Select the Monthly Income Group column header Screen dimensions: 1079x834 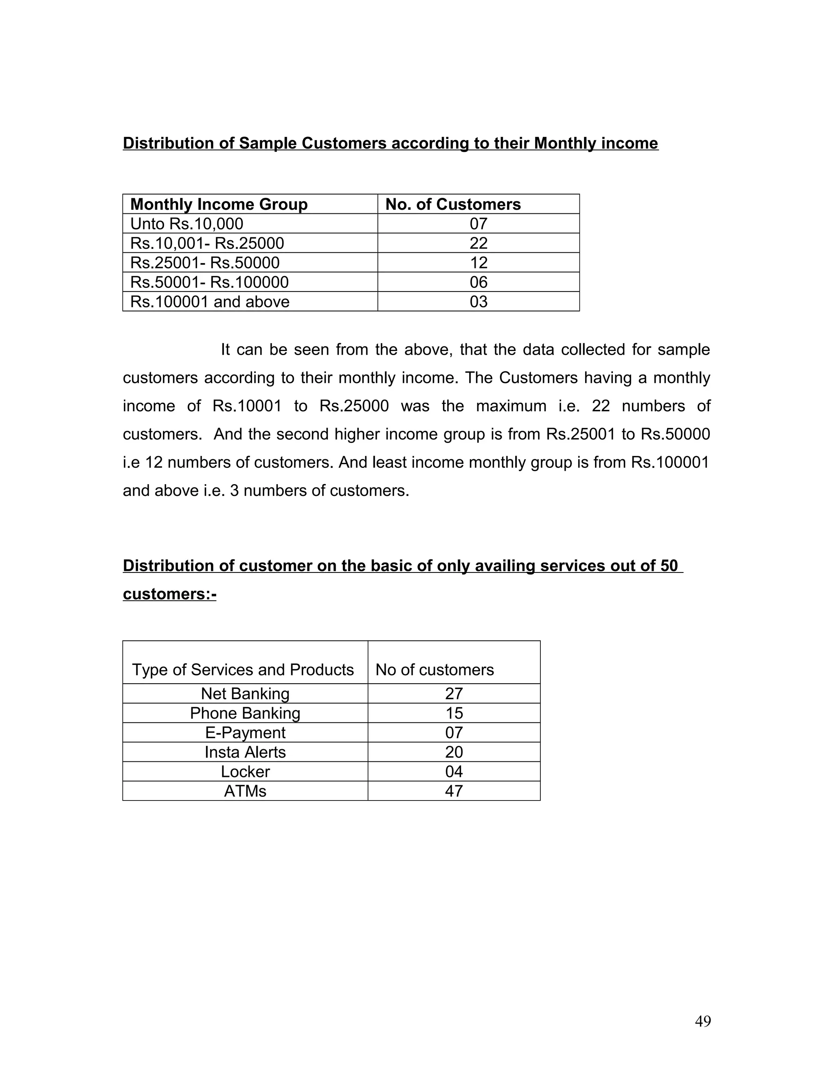point(218,204)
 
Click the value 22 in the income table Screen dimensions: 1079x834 point(478,243)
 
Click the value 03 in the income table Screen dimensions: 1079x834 point(478,301)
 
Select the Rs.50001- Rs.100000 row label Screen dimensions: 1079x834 point(209,282)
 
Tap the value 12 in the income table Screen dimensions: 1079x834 point(478,262)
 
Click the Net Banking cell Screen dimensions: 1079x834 point(245,694)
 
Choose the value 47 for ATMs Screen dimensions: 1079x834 point(454,791)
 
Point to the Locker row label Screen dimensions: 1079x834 point(245,772)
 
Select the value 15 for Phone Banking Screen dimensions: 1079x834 point(454,713)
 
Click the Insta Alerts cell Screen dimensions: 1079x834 point(245,752)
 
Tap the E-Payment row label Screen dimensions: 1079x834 point(245,732)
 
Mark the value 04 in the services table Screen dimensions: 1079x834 point(454,772)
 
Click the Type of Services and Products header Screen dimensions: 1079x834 point(243,669)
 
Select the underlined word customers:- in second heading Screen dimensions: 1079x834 point(169,593)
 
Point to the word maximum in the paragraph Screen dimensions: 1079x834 point(511,406)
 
